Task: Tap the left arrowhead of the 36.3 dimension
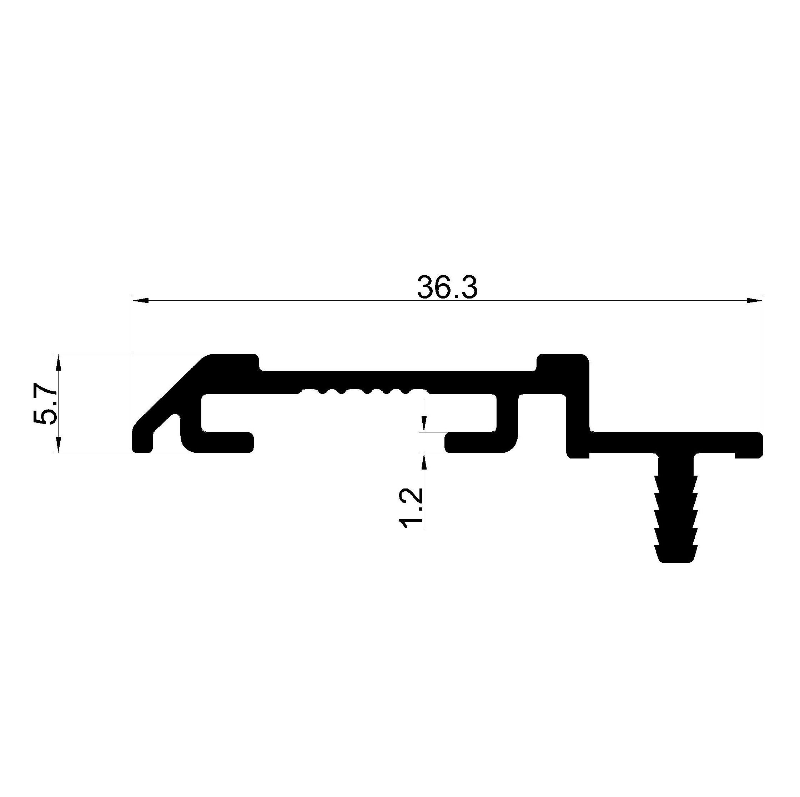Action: click(140, 300)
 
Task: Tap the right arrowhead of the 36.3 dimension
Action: click(754, 300)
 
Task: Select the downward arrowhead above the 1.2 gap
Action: click(423, 424)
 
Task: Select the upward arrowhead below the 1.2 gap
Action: click(423, 461)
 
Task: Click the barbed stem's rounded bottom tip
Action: click(676, 559)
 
